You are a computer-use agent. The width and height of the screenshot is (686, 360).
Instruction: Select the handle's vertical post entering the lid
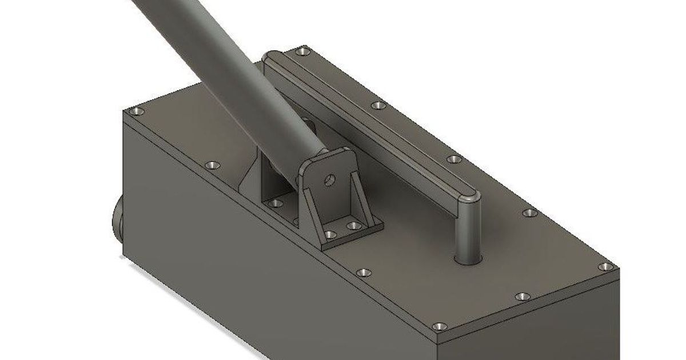click(x=467, y=229)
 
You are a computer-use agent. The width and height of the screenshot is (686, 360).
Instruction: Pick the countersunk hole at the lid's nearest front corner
click(x=439, y=326)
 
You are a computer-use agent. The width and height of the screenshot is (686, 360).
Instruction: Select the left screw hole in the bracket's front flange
click(x=330, y=234)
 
